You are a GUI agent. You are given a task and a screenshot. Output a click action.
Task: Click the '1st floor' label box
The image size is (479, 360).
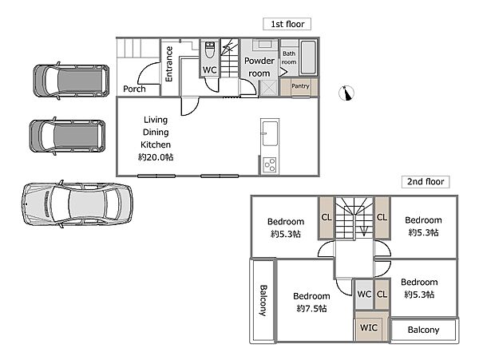coord(287,24)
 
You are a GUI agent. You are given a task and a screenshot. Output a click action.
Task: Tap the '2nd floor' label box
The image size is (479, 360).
coord(426,182)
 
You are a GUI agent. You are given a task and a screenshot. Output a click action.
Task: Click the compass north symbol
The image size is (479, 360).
coord(346,93)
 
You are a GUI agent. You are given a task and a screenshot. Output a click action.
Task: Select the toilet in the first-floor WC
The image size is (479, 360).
coord(209,50)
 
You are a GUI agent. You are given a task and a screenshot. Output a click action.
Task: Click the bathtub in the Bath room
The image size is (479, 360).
coord(308,57)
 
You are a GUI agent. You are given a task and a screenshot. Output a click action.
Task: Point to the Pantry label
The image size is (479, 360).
coord(300,86)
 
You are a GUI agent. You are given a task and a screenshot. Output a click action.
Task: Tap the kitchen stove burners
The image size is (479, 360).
coord(270,165)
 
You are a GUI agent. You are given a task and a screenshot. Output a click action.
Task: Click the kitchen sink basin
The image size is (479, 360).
coord(271,133)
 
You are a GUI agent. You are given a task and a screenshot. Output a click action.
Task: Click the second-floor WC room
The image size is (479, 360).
coord(364,295)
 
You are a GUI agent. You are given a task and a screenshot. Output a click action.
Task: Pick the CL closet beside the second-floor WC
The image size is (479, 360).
coord(382,295)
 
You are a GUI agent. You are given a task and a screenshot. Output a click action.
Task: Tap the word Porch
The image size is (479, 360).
coord(134,89)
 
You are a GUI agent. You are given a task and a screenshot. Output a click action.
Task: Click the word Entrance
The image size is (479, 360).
coord(168,64)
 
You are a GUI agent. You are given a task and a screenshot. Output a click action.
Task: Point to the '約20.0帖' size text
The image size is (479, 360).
coord(156,157)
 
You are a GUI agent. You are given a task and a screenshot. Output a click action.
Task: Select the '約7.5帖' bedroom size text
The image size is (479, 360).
coord(311,308)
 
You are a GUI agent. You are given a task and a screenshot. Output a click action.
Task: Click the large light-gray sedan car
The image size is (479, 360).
coord(77,204)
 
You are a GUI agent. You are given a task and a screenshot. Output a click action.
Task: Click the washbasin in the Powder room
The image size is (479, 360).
coord(264,45)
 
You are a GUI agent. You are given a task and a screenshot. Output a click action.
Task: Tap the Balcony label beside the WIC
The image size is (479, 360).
coord(423,330)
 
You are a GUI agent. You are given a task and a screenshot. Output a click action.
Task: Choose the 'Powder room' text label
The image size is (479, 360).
coord(259,67)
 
